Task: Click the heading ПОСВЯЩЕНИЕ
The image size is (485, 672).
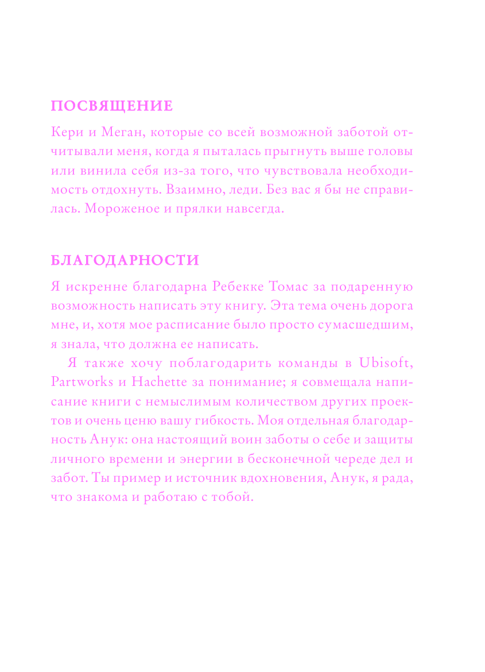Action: point(112,106)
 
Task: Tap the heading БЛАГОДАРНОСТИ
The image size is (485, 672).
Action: point(125,260)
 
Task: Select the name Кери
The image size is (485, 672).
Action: point(68,133)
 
